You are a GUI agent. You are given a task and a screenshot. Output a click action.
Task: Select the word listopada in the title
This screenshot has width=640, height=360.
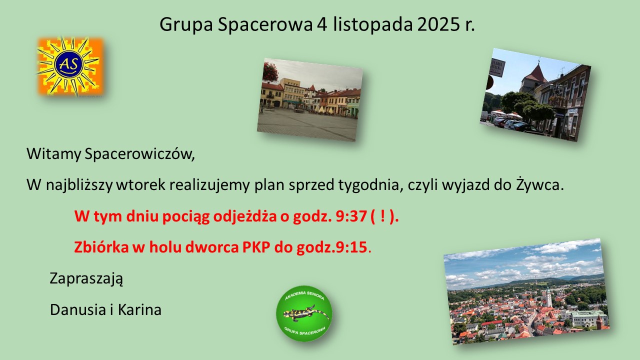(372, 25)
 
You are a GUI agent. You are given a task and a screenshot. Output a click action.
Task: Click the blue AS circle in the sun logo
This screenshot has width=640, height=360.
(69, 65)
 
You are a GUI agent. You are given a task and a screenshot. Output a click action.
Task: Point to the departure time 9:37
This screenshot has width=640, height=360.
(351, 216)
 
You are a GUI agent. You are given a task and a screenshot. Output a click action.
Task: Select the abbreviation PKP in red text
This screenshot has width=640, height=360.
(256, 247)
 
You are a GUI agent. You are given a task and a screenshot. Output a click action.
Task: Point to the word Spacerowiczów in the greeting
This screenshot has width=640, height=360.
(139, 154)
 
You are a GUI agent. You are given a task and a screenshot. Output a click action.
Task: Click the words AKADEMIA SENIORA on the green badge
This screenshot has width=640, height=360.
(304, 295)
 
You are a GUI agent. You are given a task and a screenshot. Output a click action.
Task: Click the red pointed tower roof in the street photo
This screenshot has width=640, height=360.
(535, 72)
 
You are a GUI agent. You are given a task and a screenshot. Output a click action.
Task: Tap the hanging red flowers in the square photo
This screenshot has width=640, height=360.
(270, 71)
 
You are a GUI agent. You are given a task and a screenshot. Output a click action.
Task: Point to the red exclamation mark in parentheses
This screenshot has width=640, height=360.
(383, 216)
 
